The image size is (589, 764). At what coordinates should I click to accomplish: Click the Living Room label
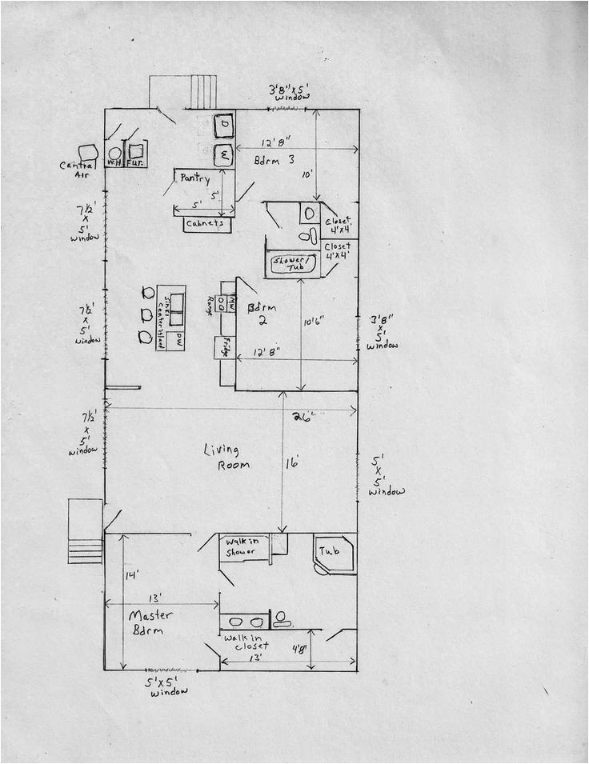(226, 457)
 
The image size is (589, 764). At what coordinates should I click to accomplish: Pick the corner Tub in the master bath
(332, 553)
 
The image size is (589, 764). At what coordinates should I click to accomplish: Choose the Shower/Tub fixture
(293, 264)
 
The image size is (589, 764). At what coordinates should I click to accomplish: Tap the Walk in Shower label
(241, 546)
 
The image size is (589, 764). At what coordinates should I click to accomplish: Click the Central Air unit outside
(87, 152)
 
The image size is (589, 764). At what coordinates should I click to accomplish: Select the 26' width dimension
(302, 416)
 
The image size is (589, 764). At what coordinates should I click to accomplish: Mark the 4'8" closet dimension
(300, 649)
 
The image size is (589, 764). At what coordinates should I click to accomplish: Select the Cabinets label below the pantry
(205, 224)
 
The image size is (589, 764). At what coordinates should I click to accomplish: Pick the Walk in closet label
(246, 641)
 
